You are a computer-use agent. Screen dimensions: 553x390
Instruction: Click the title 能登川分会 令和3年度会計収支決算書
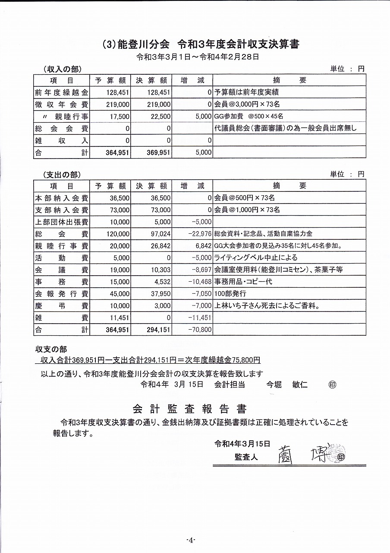click(x=201, y=44)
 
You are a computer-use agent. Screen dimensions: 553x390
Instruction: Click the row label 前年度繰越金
click(x=61, y=92)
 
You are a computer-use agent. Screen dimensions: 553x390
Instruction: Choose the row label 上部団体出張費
click(x=61, y=222)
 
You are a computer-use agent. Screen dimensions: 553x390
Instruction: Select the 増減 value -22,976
click(x=200, y=234)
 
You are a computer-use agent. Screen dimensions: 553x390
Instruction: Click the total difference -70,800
click(x=200, y=330)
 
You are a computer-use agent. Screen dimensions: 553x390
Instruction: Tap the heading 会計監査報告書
click(x=189, y=409)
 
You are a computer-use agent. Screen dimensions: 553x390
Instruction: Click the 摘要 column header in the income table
click(x=289, y=80)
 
